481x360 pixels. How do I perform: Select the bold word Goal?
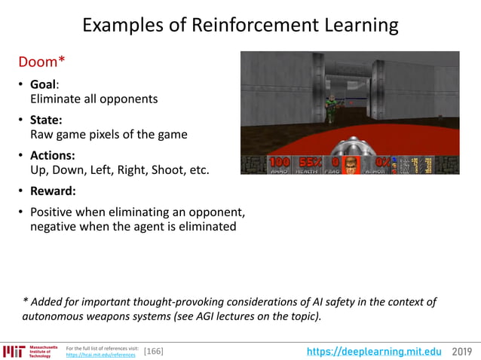point(43,84)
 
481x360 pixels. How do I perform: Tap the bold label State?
point(46,120)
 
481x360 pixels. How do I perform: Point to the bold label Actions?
point(52,155)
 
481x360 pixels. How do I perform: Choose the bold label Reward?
point(53,191)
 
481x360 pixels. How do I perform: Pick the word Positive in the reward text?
point(55,212)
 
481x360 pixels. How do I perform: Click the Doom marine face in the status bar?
point(351,164)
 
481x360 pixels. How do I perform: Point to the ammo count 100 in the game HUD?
point(279,162)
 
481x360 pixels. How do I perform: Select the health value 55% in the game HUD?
point(309,162)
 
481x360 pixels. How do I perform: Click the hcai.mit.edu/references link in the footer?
point(101,355)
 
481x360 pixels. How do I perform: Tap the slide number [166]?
point(153,352)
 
